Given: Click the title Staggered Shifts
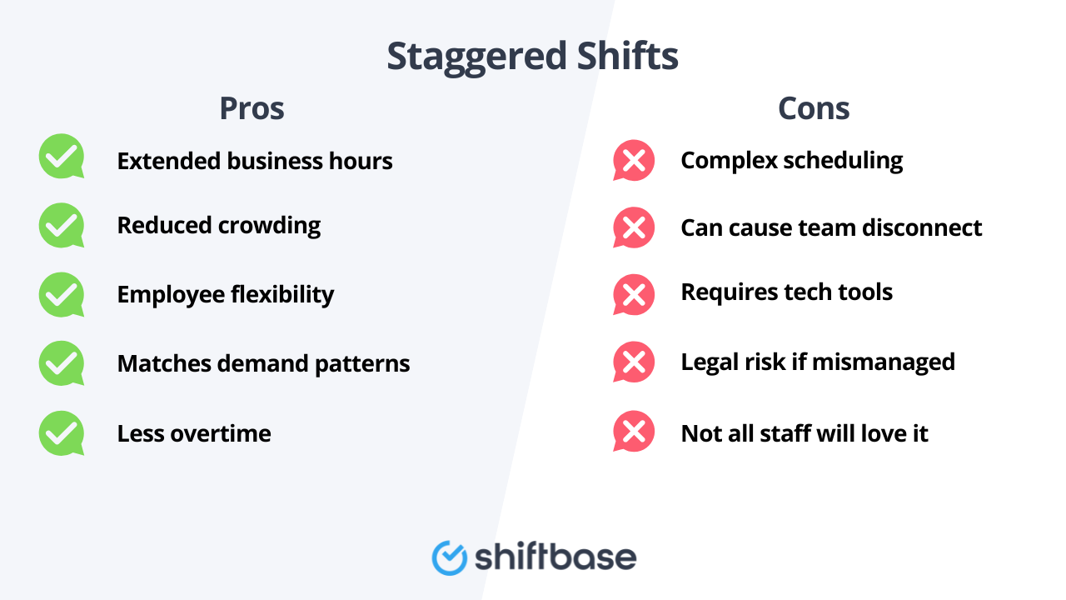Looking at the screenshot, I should [532, 57].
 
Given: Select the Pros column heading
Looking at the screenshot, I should [252, 108].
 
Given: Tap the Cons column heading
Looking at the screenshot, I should [814, 108].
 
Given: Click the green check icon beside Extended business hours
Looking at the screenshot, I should [62, 156].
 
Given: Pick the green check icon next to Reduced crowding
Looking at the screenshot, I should [62, 225].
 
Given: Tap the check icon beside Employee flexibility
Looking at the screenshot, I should [62, 294].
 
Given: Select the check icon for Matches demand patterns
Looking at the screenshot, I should [62, 363].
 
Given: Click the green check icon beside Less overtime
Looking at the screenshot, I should [62, 433].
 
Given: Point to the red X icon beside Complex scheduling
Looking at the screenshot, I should [634, 160].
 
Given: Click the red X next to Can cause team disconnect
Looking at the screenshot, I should [634, 227].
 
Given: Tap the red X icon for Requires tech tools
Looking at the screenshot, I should [634, 294].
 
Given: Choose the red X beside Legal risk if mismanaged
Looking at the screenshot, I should [634, 362].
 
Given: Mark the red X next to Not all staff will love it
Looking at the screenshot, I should [634, 432].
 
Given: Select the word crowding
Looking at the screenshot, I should [269, 226].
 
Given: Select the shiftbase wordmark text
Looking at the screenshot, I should [555, 557].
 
